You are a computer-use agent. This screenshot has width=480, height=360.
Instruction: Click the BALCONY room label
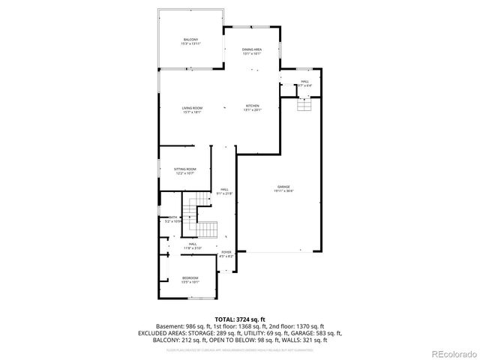[x=191, y=40]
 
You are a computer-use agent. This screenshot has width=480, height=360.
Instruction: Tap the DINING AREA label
[x=251, y=49]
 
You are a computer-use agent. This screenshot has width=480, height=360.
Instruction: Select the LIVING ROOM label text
[x=192, y=108]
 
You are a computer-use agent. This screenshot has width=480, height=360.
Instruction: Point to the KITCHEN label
[x=252, y=106]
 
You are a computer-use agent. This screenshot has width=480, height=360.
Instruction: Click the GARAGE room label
[x=283, y=186]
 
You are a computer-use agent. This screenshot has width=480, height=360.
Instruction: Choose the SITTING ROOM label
[x=185, y=169]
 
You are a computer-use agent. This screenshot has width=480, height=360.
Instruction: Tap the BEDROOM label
[x=190, y=278]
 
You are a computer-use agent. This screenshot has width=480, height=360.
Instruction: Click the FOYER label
[x=226, y=252]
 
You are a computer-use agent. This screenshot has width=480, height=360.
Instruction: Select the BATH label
[x=173, y=217]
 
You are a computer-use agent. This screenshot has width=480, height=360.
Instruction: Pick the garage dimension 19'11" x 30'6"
[x=283, y=190]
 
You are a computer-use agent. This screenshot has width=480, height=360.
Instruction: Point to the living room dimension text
[x=192, y=112]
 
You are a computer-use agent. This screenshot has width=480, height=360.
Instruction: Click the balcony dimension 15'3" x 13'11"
[x=191, y=44]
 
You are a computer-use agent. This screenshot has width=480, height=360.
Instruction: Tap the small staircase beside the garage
[x=303, y=104]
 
